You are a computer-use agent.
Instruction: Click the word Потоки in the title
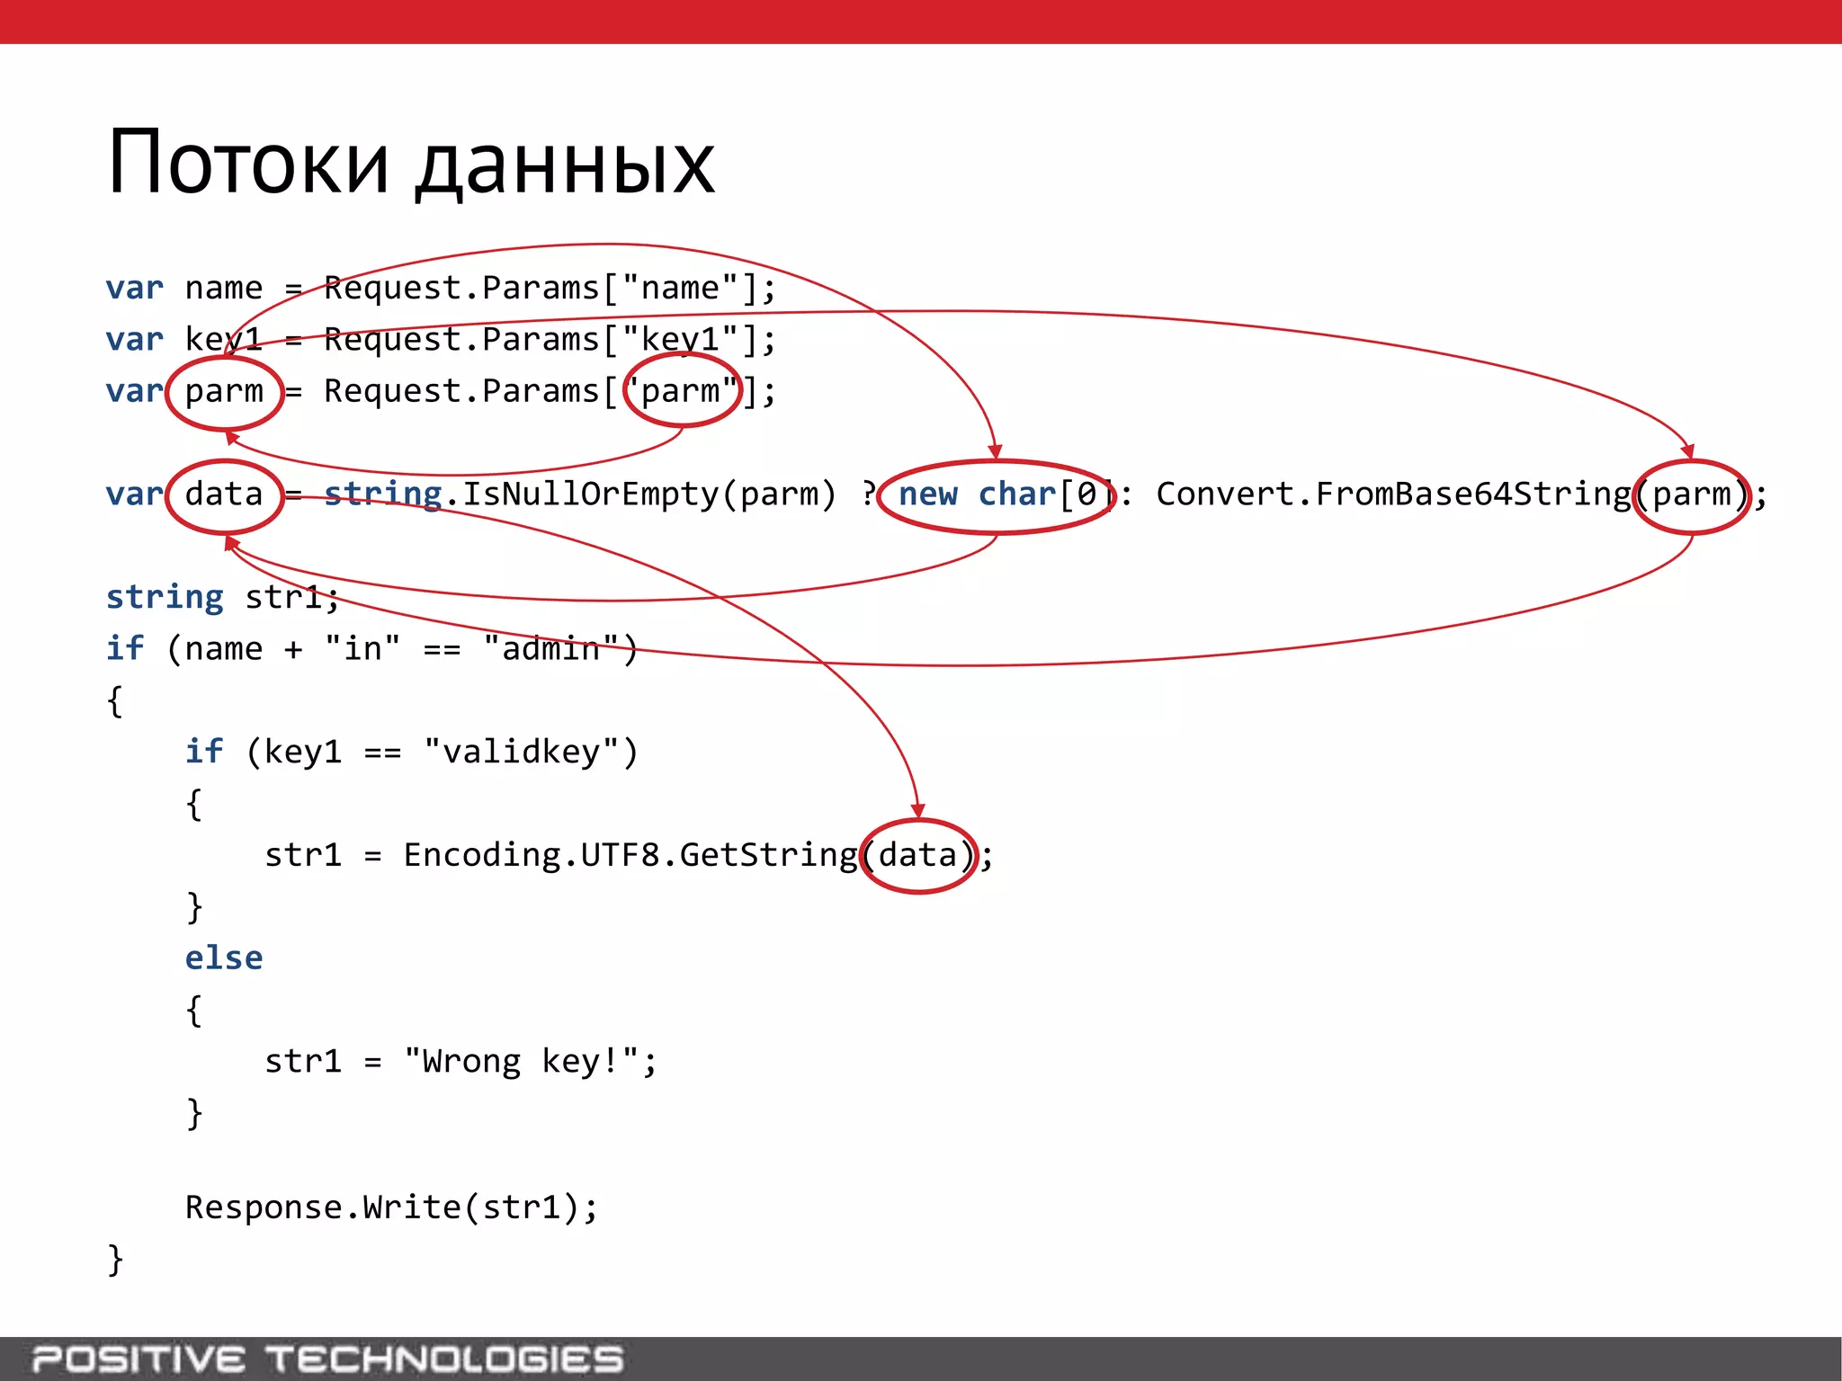pyautogui.click(x=248, y=164)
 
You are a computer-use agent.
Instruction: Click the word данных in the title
pyautogui.click(x=565, y=167)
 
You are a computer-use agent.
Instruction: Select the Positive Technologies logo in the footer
pyautogui.click(x=327, y=1359)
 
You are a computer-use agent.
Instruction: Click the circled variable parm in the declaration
pyautogui.click(x=224, y=392)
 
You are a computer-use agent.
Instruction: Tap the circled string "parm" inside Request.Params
pyautogui.click(x=682, y=391)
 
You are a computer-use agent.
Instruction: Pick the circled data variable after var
pyautogui.click(x=224, y=494)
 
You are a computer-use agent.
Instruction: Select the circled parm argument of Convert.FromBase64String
pyautogui.click(x=1691, y=495)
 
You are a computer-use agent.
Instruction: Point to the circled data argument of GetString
pyautogui.click(x=918, y=855)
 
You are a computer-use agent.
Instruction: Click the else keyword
pyautogui.click(x=224, y=958)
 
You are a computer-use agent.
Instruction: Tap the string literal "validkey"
pyautogui.click(x=521, y=752)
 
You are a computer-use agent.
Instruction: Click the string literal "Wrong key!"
pyautogui.click(x=521, y=1062)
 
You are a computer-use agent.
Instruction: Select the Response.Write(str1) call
pyautogui.click(x=391, y=1207)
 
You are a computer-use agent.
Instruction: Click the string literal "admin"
pyautogui.click(x=550, y=648)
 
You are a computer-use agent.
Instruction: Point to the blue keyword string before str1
pyautogui.click(x=165, y=597)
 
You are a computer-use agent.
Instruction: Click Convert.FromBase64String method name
pyautogui.click(x=1392, y=494)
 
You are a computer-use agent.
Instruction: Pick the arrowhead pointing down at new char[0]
pyautogui.click(x=995, y=451)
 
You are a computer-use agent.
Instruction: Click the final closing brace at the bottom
pyautogui.click(x=115, y=1260)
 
